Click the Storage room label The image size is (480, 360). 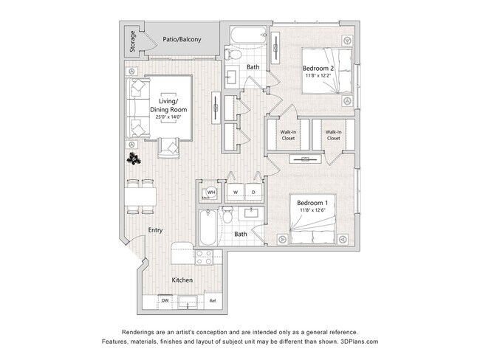(132, 41)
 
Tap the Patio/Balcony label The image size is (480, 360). (182, 39)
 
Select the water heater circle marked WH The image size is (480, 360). (211, 193)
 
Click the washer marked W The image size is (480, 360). (236, 192)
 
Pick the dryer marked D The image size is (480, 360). (253, 192)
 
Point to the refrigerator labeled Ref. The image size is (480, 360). (213, 301)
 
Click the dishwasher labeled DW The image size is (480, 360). (165, 301)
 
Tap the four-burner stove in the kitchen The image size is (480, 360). (204, 257)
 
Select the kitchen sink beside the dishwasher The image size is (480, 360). (188, 302)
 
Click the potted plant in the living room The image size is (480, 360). (134, 159)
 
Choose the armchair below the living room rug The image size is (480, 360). (168, 148)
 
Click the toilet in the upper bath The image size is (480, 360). (233, 55)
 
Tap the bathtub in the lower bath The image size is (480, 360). (208, 227)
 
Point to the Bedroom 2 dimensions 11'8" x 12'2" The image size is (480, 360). (318, 75)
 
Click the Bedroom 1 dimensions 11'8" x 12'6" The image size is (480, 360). (312, 210)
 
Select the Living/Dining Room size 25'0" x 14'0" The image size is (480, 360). (168, 117)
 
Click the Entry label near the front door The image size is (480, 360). (155, 230)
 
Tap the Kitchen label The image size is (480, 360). (182, 280)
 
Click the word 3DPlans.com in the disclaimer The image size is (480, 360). (359, 342)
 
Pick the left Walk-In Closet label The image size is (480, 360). (288, 135)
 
